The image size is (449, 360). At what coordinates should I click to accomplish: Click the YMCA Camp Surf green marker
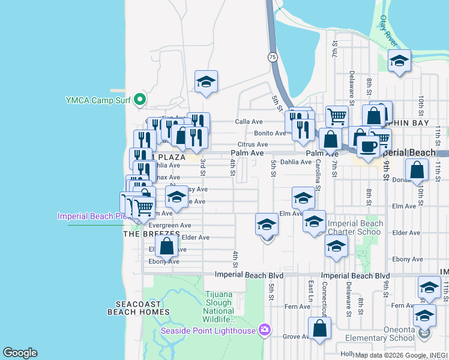click(x=140, y=99)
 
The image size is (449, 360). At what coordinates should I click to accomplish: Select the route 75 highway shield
click(x=273, y=57)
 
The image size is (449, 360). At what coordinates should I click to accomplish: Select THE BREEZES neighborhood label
click(x=152, y=233)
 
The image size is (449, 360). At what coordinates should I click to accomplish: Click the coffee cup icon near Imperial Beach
click(x=368, y=146)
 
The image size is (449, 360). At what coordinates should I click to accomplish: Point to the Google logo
click(x=20, y=353)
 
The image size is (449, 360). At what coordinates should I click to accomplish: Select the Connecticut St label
click(x=325, y=300)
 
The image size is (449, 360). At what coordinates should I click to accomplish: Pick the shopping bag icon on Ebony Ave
click(x=167, y=245)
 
